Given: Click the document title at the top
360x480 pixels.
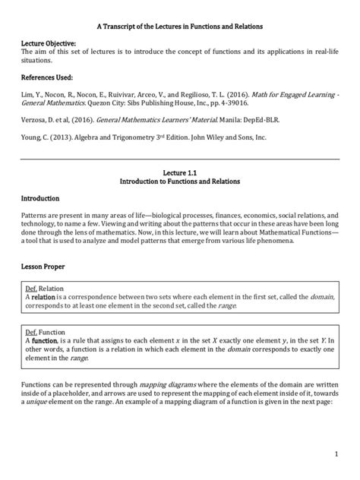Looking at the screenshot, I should click(179, 26).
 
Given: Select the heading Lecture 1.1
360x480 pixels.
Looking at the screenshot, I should click(180, 174).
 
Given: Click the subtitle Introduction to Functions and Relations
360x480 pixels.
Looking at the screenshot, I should click(180, 183).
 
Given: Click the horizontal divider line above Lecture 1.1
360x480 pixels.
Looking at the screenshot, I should click(180, 159).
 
